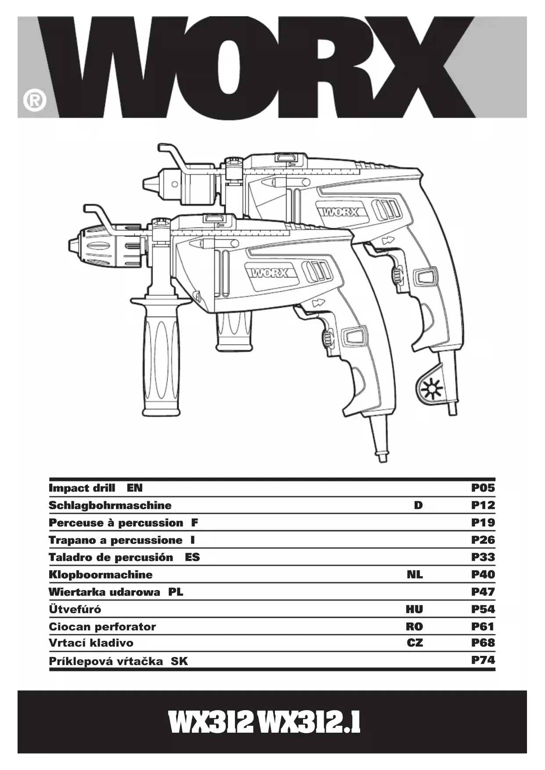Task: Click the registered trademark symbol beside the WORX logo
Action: point(34,101)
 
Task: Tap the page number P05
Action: point(483,488)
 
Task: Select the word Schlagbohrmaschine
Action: point(110,505)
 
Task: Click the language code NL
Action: point(415,574)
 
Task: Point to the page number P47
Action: point(483,592)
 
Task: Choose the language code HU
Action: point(414,609)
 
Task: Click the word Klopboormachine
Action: point(101,575)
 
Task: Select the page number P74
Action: point(483,660)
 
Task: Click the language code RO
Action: point(414,626)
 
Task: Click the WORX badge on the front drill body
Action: point(269,273)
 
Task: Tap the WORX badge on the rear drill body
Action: point(340,212)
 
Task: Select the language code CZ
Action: point(415,643)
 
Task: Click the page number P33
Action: point(483,557)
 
